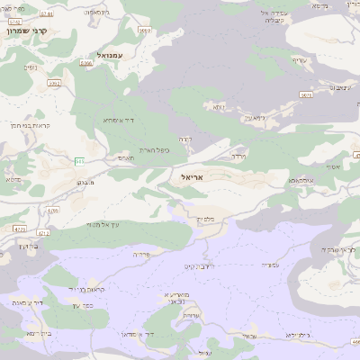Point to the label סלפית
(205, 219)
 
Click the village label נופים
(30, 67)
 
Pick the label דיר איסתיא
(118, 121)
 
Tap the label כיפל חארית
(155, 150)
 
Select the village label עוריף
(299, 60)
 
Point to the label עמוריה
(267, 265)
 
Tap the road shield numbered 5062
(55, 84)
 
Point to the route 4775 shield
(19, 229)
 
